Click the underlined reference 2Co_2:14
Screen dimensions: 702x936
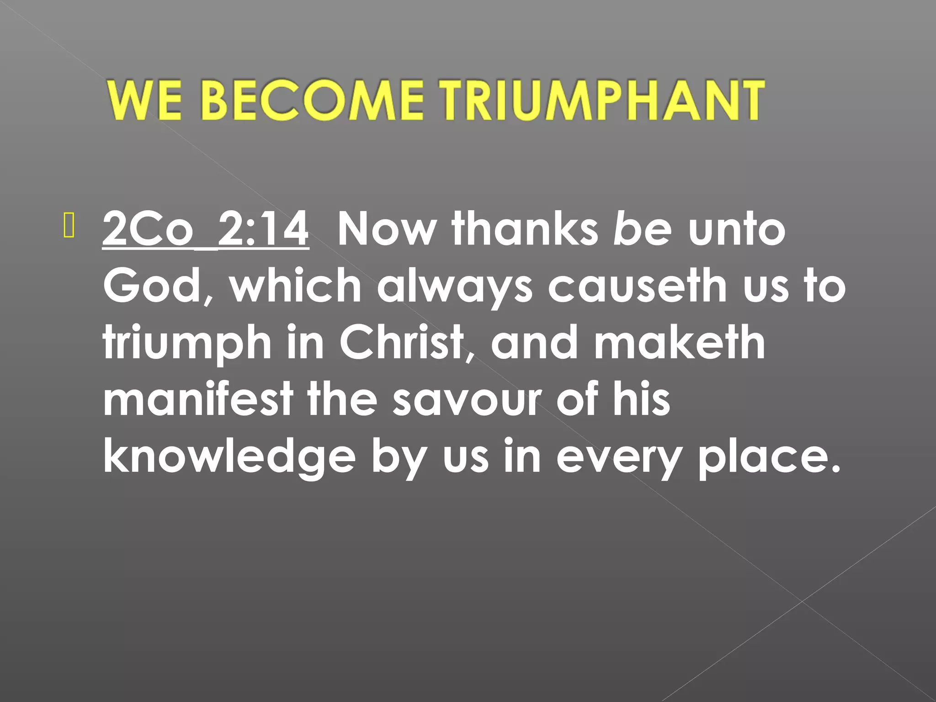click(x=206, y=229)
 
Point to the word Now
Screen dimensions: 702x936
click(x=386, y=229)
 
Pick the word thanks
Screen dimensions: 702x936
click(x=525, y=229)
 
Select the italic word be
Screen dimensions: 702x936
click(x=642, y=229)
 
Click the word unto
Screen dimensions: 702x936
click(x=737, y=229)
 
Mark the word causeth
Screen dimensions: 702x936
click(x=637, y=286)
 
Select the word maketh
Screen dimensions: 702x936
click(x=679, y=343)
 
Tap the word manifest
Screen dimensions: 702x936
click(x=198, y=400)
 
